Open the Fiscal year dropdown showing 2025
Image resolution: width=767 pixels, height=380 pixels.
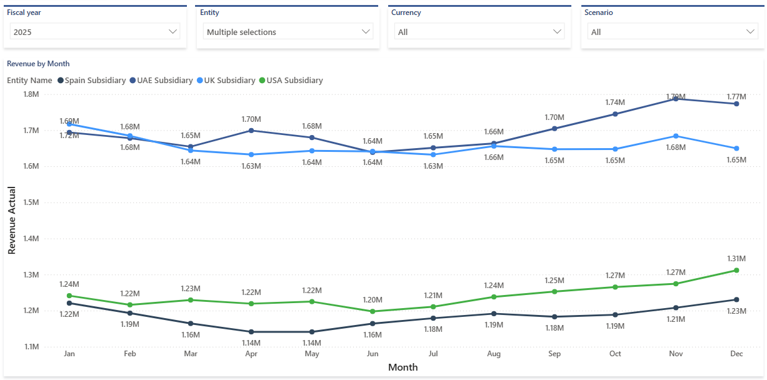94,31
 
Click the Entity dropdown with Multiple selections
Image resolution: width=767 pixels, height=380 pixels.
288,31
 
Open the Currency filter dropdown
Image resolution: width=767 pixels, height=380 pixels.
479,31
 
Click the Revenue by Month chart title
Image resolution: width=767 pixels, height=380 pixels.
38,64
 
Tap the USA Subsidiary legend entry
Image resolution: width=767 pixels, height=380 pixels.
294,80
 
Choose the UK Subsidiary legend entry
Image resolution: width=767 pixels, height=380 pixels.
229,80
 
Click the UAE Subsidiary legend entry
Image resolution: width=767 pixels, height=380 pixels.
164,80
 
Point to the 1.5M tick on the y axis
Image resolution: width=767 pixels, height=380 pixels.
31,202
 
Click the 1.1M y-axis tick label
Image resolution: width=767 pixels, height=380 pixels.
31,346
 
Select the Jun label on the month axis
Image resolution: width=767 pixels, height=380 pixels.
373,354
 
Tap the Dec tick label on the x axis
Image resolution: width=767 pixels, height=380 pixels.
736,354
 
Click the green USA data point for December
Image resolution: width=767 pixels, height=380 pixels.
736,270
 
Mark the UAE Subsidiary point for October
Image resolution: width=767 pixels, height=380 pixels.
615,114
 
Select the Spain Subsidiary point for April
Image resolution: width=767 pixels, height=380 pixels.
251,332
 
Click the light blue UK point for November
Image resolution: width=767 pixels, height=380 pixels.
676,136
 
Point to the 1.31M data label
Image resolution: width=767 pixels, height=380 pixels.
736,258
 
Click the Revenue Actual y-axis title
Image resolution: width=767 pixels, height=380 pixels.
12,220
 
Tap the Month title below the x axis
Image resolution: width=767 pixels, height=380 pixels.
403,367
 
